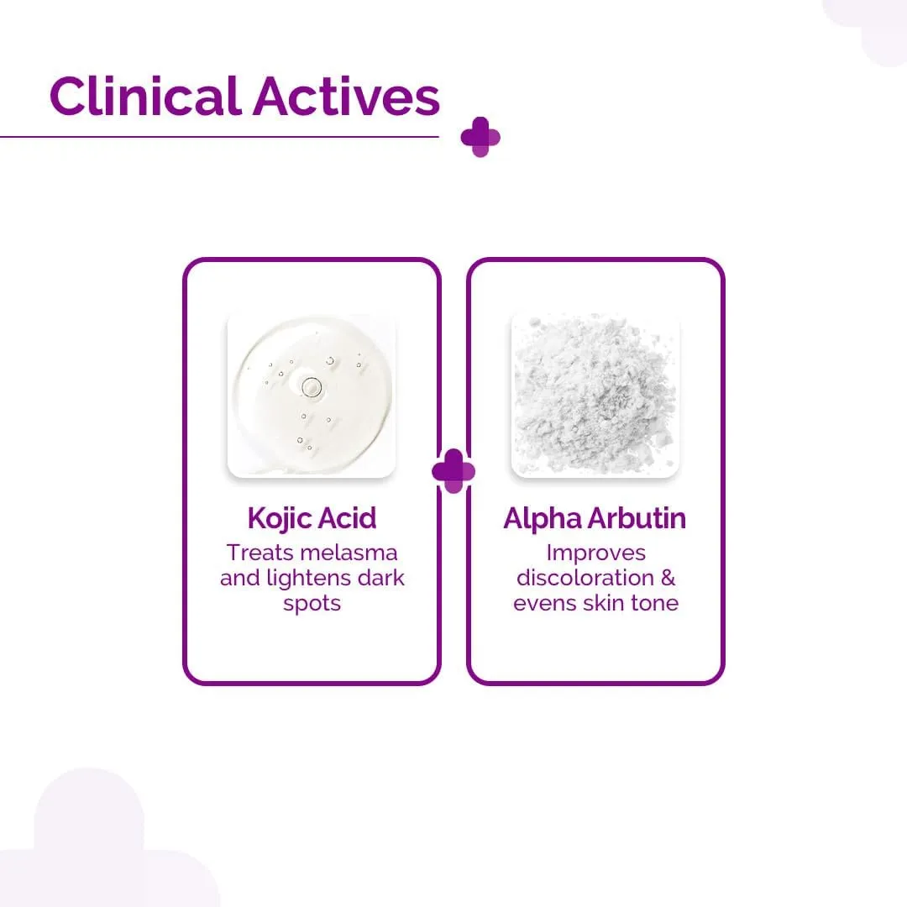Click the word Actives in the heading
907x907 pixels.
pyautogui.click(x=346, y=97)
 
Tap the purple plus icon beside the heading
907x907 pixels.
pyautogui.click(x=480, y=137)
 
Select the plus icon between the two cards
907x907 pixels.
pyautogui.click(x=453, y=470)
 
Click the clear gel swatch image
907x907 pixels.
pyautogui.click(x=312, y=396)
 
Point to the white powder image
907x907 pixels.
pyautogui.click(x=595, y=396)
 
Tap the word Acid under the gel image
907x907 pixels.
pyautogui.click(x=346, y=519)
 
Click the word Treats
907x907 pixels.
pyautogui.click(x=259, y=553)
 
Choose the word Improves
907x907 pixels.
pyautogui.click(x=595, y=553)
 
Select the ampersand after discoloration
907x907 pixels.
pyautogui.click(x=667, y=579)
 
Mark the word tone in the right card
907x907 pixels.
pyautogui.click(x=653, y=604)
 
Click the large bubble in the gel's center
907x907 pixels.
pyautogui.click(x=312, y=387)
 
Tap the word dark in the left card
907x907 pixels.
pyautogui.click(x=383, y=579)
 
